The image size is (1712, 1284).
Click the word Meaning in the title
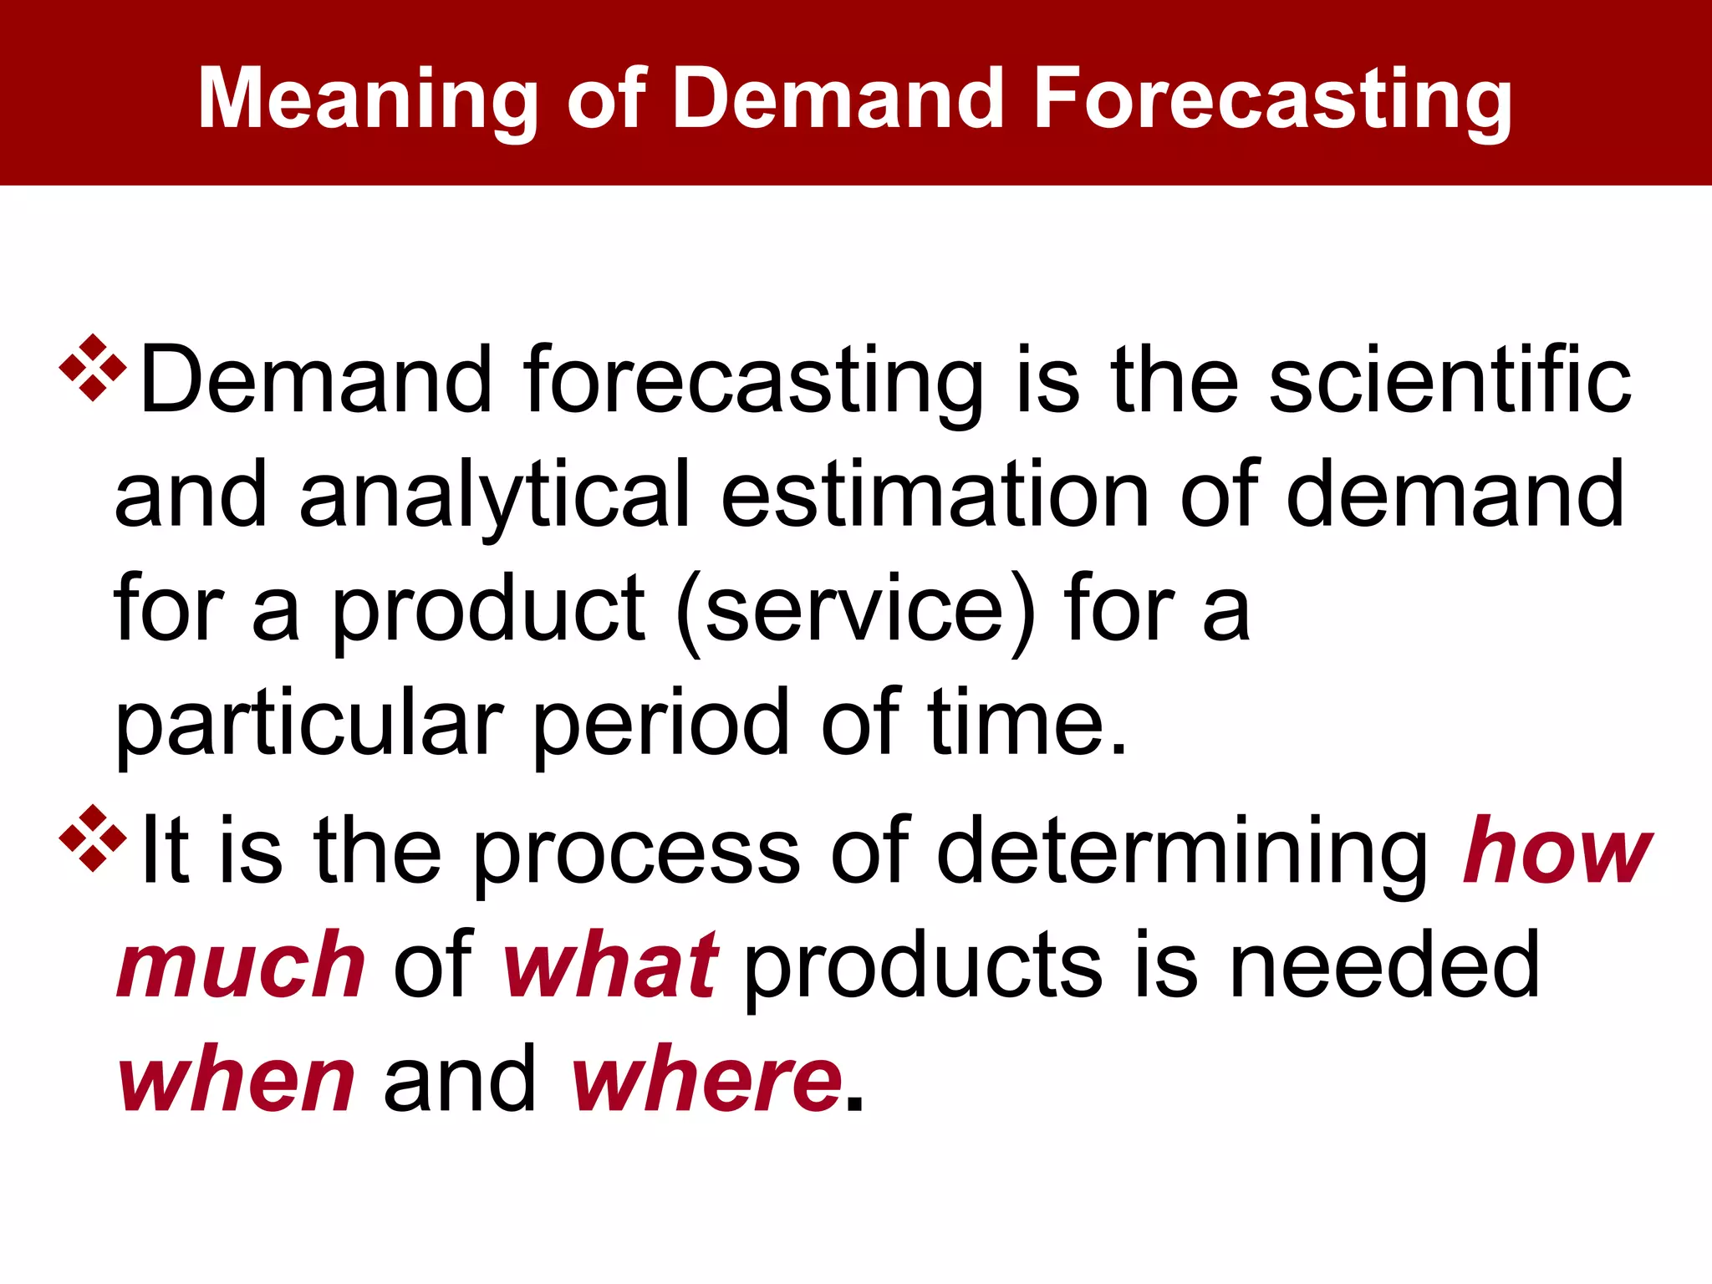[x=367, y=100]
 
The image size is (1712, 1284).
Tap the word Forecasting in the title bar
[x=1272, y=100]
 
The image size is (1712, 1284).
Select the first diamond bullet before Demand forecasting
[x=93, y=367]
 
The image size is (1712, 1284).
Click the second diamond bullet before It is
[x=93, y=838]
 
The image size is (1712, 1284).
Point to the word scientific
[x=1450, y=380]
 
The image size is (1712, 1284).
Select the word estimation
[x=935, y=495]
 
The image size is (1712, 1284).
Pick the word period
[x=660, y=723]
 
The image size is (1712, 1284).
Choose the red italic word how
[x=1557, y=851]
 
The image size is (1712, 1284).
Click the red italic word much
[x=241, y=966]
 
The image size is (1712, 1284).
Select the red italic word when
[x=237, y=1080]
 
